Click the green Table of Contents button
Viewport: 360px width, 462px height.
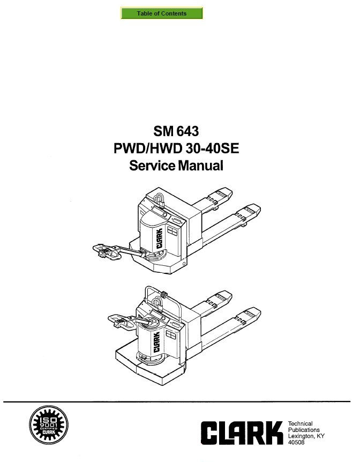pyautogui.click(x=161, y=13)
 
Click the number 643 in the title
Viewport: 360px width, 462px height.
pyautogui.click(x=187, y=131)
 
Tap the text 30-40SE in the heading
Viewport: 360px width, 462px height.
pyautogui.click(x=212, y=148)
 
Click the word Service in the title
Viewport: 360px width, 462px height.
pyautogui.click(x=152, y=165)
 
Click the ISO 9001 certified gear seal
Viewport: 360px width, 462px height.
pyautogui.click(x=49, y=425)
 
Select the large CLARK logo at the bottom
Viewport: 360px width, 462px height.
pyautogui.click(x=242, y=433)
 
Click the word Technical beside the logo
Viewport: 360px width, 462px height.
pyautogui.click(x=300, y=423)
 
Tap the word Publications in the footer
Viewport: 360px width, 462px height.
pyautogui.click(x=304, y=430)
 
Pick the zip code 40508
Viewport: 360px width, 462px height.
pyautogui.click(x=296, y=442)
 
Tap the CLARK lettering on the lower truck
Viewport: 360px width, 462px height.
pyautogui.click(x=156, y=342)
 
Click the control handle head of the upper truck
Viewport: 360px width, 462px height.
pyautogui.click(x=107, y=251)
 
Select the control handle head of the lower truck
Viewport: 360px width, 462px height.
pyautogui.click(x=121, y=320)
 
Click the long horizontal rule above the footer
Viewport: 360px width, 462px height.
pyautogui.click(x=177, y=401)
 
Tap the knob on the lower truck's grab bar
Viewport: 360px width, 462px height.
pyautogui.click(x=164, y=294)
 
